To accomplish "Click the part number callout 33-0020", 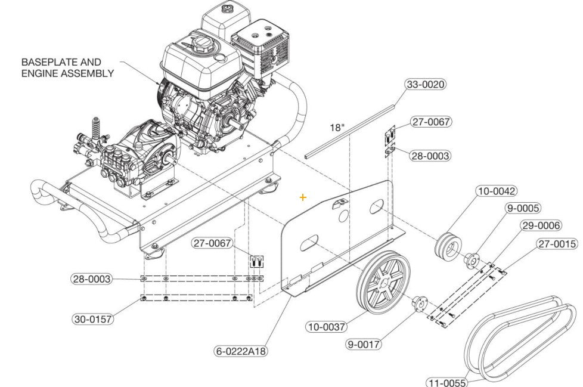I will point(426,84).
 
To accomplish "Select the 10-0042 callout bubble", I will point(496,191).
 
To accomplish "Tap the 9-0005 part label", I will point(523,208).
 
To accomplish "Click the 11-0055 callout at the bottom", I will point(446,382).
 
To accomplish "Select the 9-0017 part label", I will point(364,344).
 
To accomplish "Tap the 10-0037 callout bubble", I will point(326,326).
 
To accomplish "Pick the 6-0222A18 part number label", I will point(241,351).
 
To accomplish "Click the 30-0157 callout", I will point(93,319).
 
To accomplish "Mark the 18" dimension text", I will point(337,128).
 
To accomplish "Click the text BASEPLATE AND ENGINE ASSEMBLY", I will point(67,67).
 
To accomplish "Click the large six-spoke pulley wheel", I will point(383,282).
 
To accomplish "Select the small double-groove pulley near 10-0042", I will point(447,244).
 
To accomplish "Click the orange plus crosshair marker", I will point(303,197).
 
